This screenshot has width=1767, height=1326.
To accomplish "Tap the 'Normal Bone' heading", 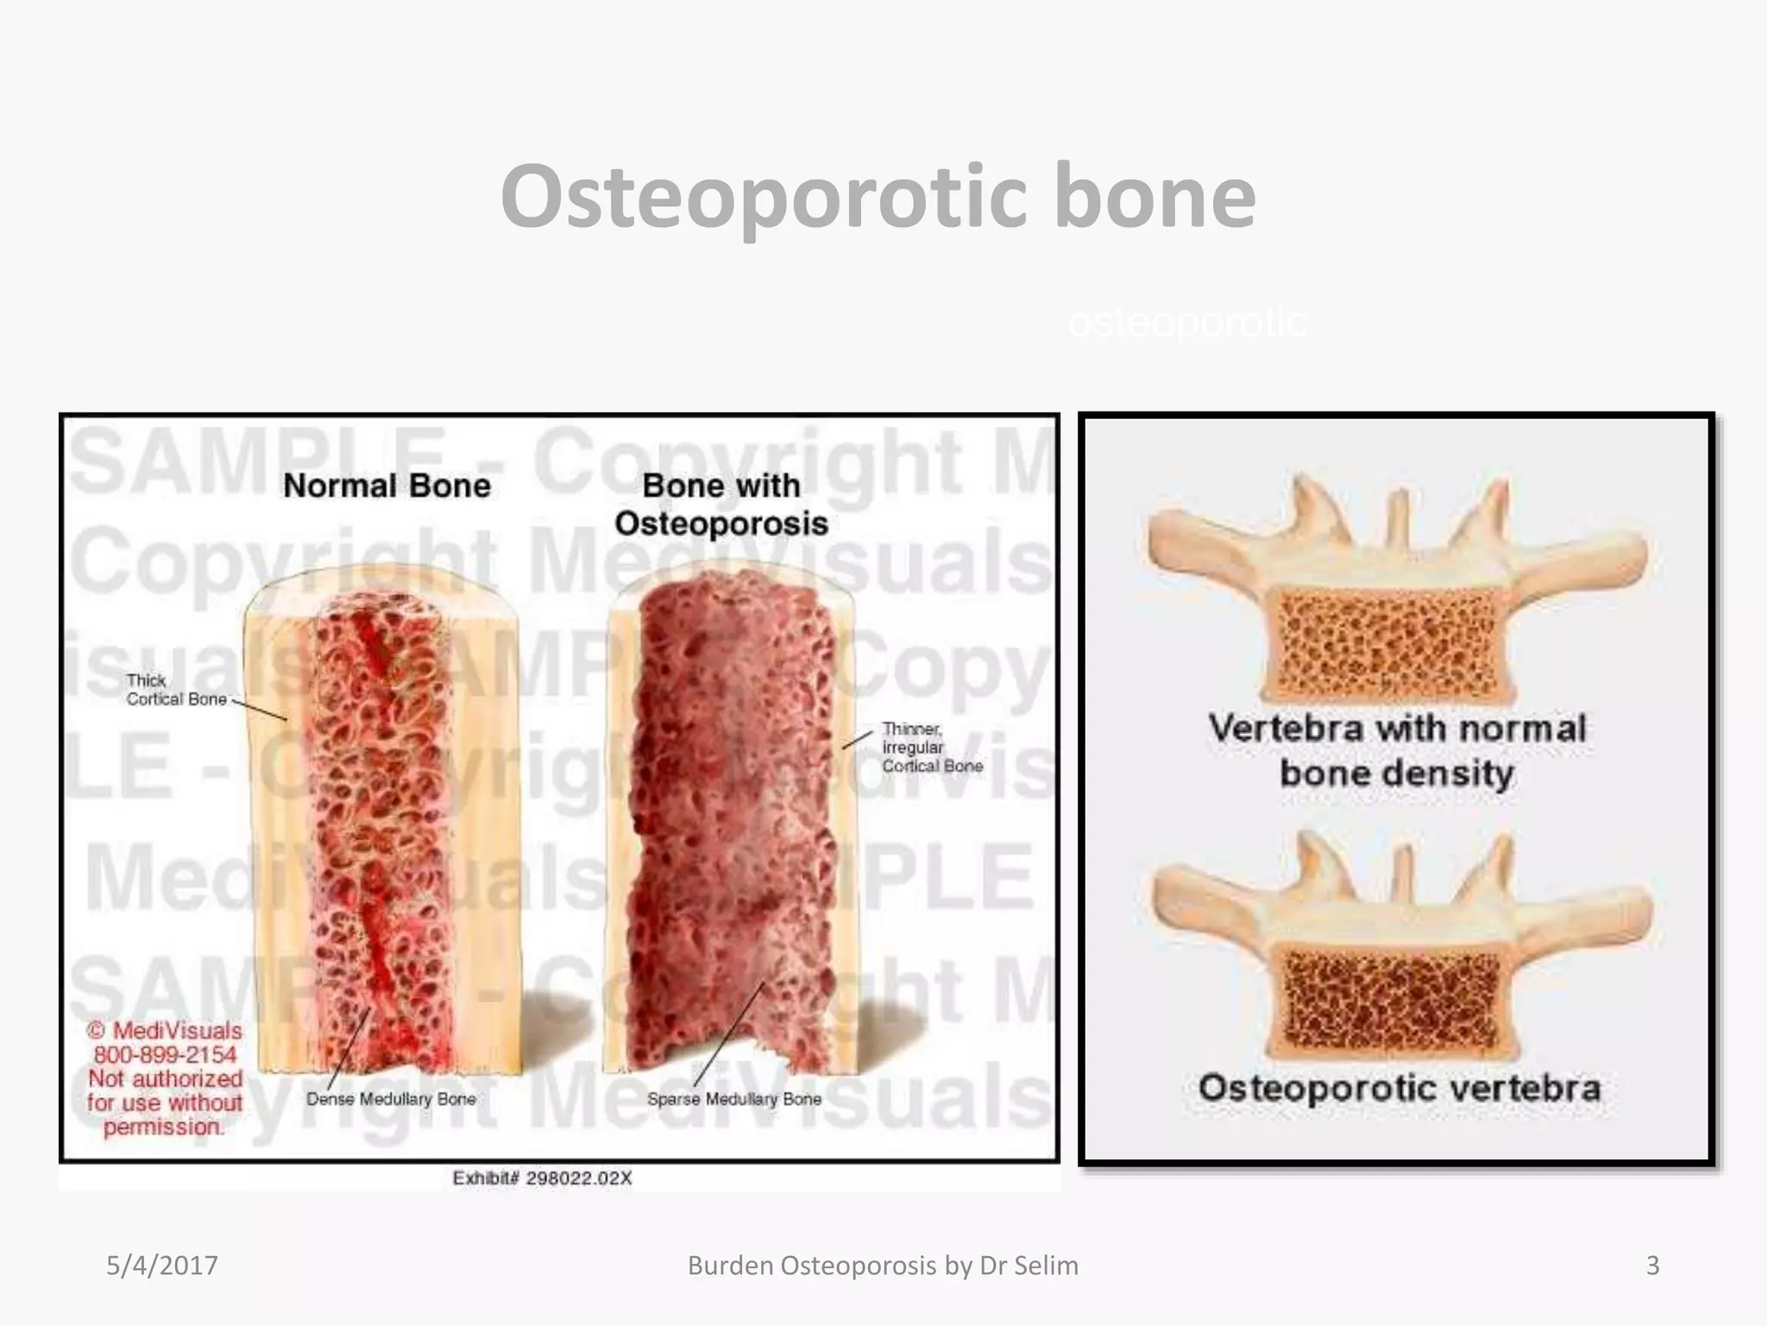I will coord(387,486).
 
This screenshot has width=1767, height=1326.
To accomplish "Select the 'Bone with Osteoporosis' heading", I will coord(721,504).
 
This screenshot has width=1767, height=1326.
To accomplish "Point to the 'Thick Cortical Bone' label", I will coord(176,690).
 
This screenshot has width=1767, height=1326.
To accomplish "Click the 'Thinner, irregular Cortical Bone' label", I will coord(932,748).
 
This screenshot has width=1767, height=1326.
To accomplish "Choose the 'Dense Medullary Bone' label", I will coord(391,1099).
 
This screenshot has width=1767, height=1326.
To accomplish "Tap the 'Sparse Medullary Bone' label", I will coord(734,1099).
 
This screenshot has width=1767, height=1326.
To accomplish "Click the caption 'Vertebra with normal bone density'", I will coord(1397,750).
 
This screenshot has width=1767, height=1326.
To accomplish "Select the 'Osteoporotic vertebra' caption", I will coord(1399,1088).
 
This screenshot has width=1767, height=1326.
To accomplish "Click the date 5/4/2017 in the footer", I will coord(162,1266).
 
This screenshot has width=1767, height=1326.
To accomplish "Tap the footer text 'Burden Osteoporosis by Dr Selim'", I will coord(883,1266).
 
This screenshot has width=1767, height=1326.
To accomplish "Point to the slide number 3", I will coord(1652,1266).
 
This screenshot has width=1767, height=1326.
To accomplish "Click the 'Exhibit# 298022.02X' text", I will coord(542,1178).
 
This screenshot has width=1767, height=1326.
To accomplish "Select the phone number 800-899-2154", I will coord(165,1055).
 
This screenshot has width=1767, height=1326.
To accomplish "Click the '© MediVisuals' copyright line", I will coord(165,1031).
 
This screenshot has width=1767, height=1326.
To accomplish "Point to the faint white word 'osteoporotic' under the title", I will coord(1188,323).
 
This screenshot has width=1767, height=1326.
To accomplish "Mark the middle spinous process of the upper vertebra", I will coord(1399,518).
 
